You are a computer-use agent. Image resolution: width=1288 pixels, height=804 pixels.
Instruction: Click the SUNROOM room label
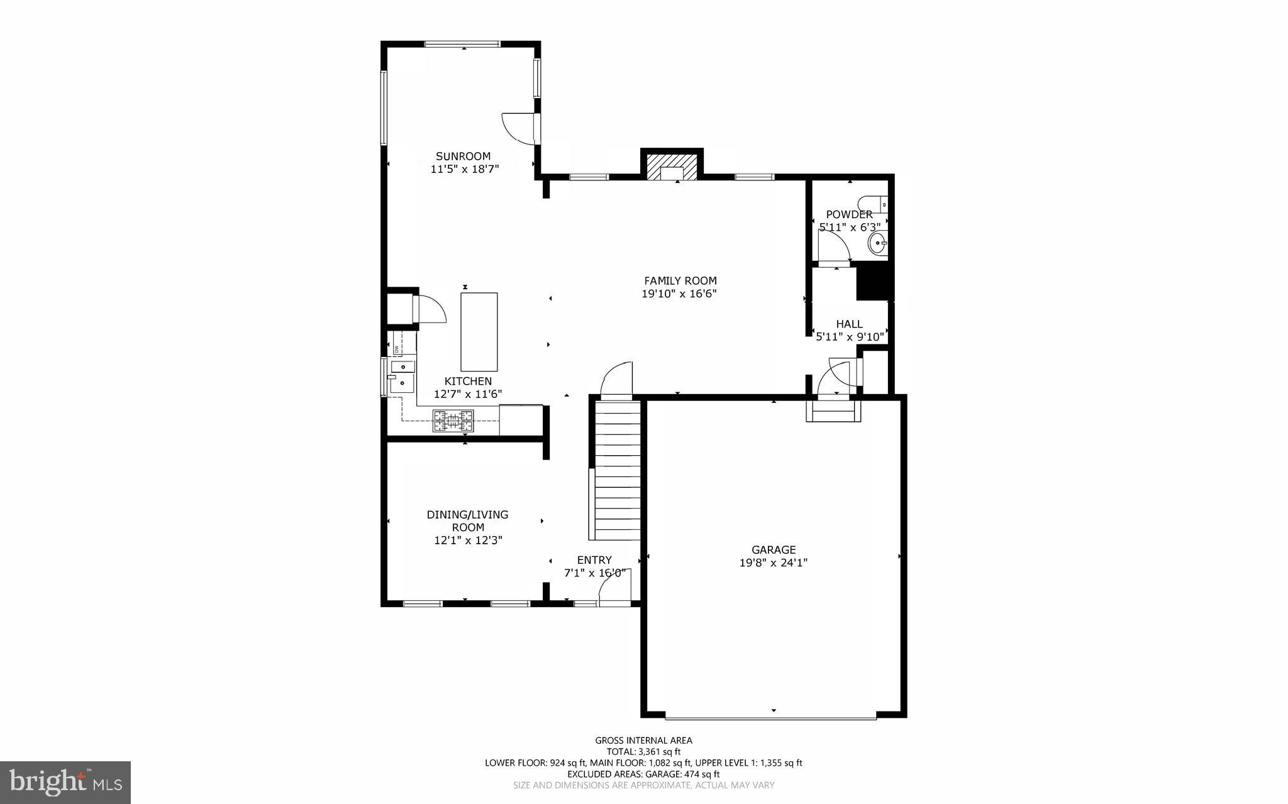[464, 156]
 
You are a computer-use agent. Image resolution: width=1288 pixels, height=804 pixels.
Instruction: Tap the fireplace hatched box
[672, 167]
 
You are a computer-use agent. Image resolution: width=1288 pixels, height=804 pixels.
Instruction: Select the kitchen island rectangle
[479, 332]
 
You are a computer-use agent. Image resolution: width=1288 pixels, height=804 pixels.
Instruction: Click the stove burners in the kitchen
[453, 421]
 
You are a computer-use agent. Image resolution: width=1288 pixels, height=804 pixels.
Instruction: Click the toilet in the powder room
[875, 204]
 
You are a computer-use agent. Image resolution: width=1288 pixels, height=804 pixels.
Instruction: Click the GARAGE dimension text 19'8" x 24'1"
[773, 563]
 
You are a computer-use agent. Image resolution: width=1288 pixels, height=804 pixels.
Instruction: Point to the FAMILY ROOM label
[680, 281]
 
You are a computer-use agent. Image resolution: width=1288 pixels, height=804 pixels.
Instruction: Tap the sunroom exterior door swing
[518, 128]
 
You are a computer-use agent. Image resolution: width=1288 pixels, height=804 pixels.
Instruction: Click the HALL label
[849, 324]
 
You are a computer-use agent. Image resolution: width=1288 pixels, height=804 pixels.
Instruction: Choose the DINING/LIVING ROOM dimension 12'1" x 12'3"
[468, 540]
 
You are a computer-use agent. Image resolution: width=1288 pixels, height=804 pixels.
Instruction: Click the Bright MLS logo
[65, 782]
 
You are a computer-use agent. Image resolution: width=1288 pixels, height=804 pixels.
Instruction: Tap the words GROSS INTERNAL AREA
[643, 741]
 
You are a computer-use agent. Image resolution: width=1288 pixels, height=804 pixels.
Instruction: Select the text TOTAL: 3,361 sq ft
[643, 752]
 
